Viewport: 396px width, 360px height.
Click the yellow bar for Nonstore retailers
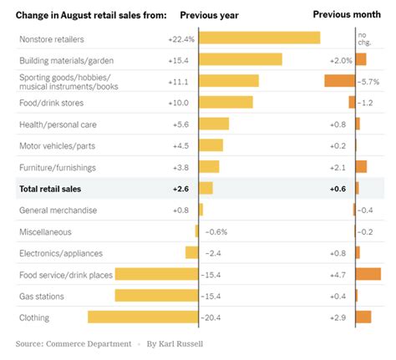click(x=260, y=38)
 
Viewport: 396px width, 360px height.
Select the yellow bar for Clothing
click(x=143, y=317)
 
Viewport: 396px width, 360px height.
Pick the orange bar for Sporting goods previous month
click(x=339, y=81)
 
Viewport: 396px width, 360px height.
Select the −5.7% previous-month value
click(x=371, y=81)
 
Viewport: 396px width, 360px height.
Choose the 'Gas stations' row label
click(x=42, y=296)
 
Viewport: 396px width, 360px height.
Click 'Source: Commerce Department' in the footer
click(x=74, y=343)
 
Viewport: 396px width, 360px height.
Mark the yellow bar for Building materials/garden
click(x=241, y=59)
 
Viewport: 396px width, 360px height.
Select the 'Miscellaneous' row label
click(x=45, y=231)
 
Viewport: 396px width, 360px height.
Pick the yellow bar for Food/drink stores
click(x=226, y=102)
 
